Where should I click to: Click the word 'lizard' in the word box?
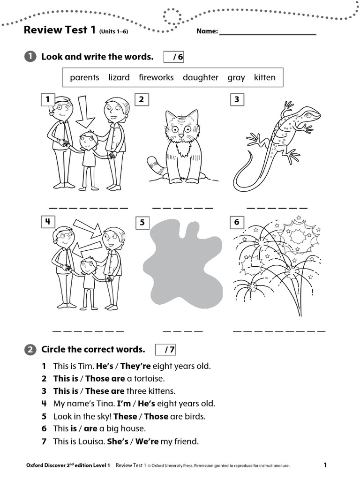click(x=119, y=77)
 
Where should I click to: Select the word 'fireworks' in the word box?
click(x=156, y=77)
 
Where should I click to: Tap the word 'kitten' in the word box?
click(x=265, y=77)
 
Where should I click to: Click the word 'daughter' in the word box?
click(x=201, y=77)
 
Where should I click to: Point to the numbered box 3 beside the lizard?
click(x=237, y=99)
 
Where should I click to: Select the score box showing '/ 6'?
click(x=173, y=57)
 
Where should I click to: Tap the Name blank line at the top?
click(x=267, y=31)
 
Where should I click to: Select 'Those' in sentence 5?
click(x=157, y=416)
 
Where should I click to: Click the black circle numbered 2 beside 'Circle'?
click(x=30, y=350)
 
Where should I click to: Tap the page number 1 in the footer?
click(x=325, y=465)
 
